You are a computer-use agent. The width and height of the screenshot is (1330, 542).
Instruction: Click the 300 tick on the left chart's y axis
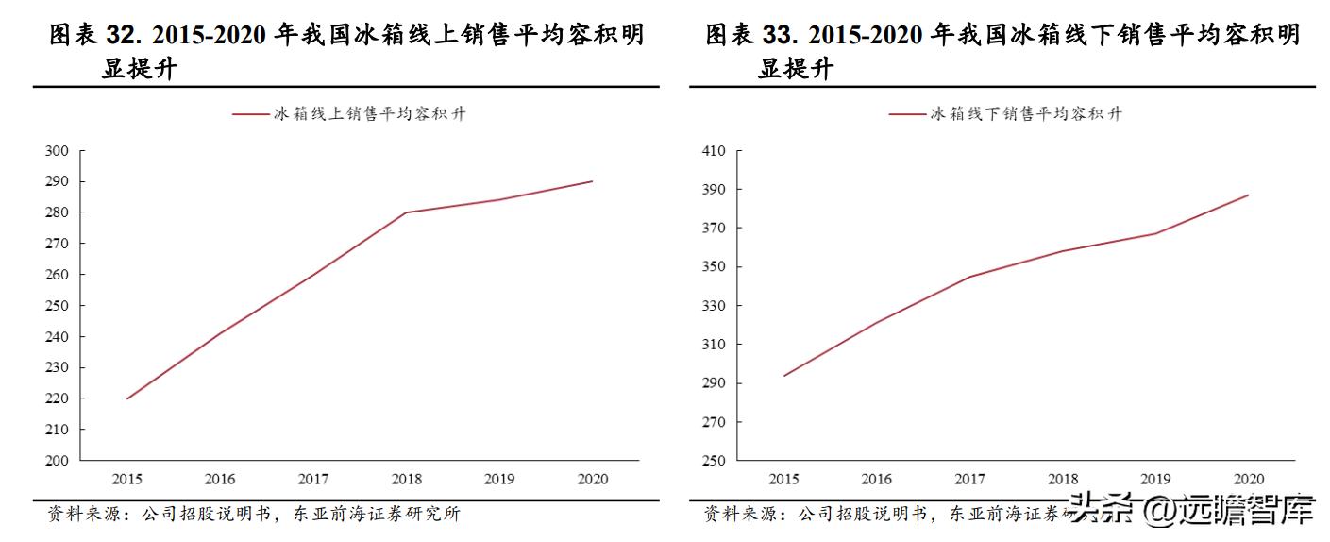point(58,151)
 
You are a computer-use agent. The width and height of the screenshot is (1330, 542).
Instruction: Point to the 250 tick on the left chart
point(58,306)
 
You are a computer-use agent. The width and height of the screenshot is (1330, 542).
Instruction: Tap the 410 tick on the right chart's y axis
point(714,151)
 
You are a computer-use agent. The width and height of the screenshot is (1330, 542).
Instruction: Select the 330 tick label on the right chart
point(714,306)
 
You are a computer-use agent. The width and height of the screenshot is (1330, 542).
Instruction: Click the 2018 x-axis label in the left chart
point(406,479)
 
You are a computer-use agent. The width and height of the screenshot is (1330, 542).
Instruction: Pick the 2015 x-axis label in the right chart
point(783,479)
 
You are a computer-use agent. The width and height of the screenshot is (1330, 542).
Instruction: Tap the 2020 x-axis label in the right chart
point(1248,479)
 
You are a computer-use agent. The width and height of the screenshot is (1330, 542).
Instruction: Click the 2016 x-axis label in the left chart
point(220,479)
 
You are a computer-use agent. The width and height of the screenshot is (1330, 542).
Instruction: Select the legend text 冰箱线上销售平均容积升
point(369,114)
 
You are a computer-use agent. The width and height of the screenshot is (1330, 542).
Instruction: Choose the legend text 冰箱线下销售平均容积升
point(1026,114)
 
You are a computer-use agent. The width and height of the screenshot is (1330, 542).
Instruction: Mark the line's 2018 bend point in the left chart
point(406,212)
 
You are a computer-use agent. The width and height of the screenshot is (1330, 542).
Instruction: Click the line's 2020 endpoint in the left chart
point(592,181)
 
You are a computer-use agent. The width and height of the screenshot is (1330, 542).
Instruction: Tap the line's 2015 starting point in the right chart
point(783,376)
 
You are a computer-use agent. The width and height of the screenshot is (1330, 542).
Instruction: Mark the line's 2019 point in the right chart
point(1155,233)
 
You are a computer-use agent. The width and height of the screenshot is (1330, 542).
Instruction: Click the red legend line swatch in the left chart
point(250,114)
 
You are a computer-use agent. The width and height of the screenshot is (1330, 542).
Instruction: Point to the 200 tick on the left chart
point(58,461)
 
